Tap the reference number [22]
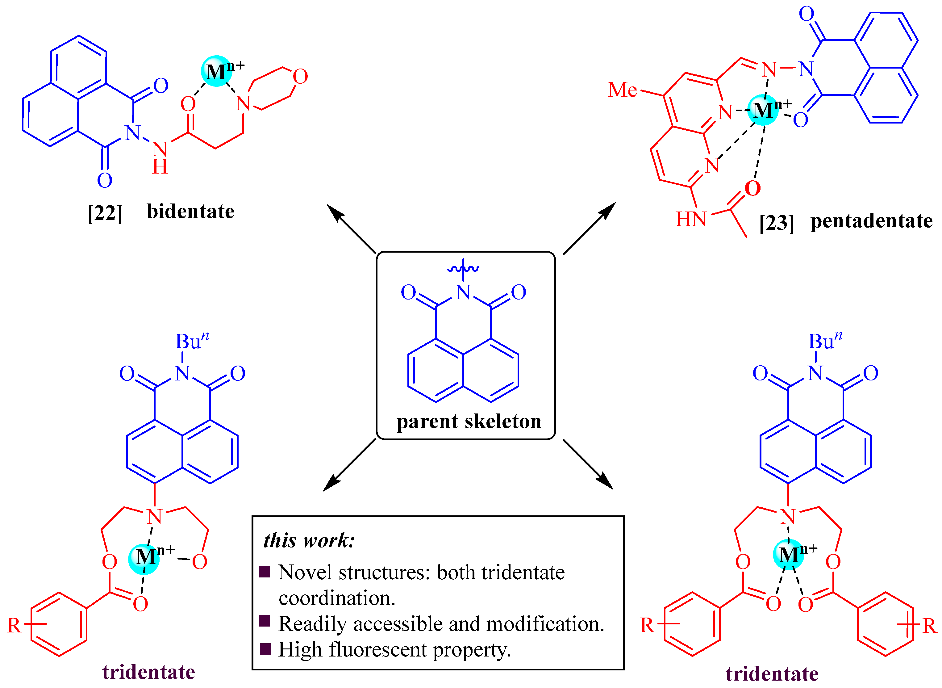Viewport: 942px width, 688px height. click(x=105, y=213)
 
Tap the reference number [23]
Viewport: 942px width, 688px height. click(x=776, y=223)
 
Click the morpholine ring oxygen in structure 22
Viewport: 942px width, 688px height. click(x=300, y=77)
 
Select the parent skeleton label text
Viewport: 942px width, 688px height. click(x=469, y=422)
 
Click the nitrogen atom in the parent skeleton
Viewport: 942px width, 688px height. click(x=463, y=292)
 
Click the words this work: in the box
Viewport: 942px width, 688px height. click(x=309, y=541)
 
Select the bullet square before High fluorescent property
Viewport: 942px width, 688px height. click(x=265, y=649)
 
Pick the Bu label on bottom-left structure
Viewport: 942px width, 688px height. click(x=188, y=342)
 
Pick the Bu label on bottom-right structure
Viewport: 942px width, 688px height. click(x=821, y=342)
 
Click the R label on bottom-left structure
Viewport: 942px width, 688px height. click(x=14, y=626)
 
